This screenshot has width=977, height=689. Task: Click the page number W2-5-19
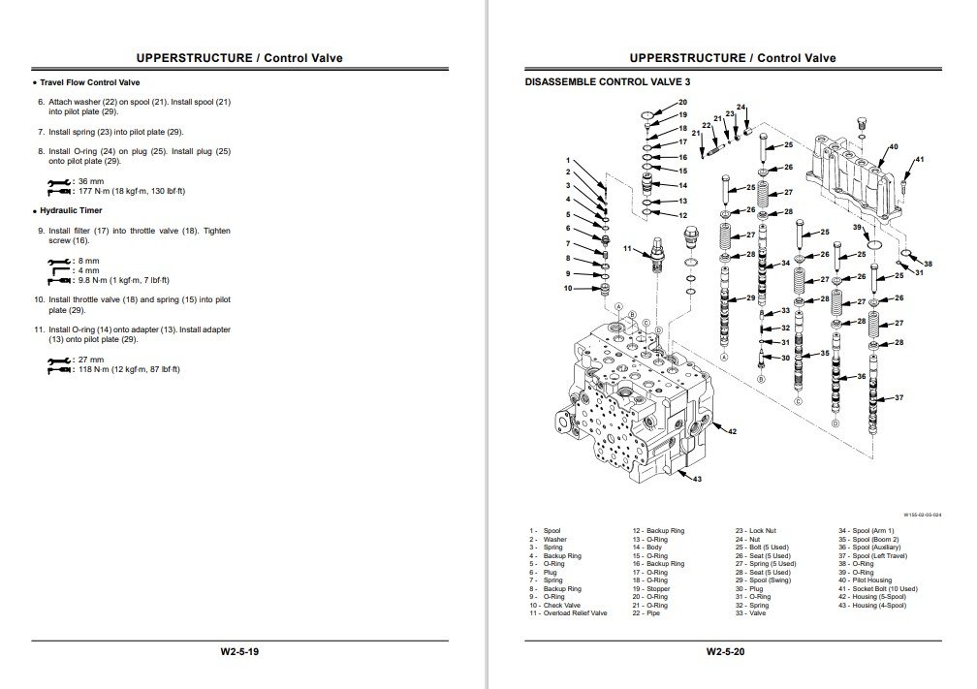coord(239,651)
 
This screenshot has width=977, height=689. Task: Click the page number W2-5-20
coord(726,651)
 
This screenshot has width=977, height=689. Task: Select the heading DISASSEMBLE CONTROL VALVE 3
coord(593,84)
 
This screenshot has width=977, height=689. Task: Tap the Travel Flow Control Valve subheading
coord(90,83)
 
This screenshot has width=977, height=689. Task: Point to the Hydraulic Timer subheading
coord(72,210)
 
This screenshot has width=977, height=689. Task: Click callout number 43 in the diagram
coord(696,478)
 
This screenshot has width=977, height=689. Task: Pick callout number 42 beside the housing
coord(732,431)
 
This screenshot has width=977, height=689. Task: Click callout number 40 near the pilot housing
coord(893,147)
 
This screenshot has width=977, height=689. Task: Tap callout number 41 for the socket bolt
coord(919,160)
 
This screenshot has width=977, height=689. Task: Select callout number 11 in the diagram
coord(628,250)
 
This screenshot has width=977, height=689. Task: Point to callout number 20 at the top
coord(682,102)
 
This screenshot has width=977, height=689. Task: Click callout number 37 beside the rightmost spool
coord(898,398)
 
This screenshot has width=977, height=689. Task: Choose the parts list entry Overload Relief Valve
coord(575,613)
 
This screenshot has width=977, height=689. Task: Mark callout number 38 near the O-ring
coord(928,265)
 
